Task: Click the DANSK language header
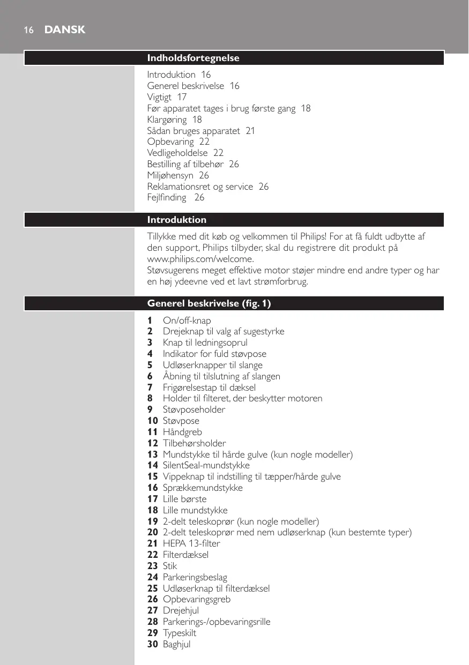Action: click(x=65, y=30)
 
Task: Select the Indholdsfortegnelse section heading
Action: click(x=193, y=58)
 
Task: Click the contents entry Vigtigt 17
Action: click(x=167, y=97)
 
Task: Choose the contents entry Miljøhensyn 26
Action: click(x=178, y=175)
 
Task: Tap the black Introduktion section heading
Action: click(x=177, y=220)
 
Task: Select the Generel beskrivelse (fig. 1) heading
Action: click(x=209, y=304)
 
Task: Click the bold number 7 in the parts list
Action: click(x=150, y=387)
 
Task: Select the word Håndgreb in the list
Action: click(x=182, y=432)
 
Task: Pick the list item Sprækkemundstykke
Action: click(x=203, y=488)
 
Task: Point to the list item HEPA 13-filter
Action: click(x=191, y=543)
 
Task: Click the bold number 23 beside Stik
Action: click(x=152, y=566)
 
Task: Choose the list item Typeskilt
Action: click(x=179, y=633)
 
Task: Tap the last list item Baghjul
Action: click(x=176, y=644)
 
